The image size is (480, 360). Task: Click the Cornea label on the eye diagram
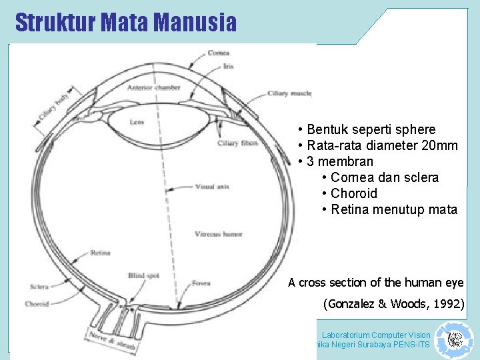219,53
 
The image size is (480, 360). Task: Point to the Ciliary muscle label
289,93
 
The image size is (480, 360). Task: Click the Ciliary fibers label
237,143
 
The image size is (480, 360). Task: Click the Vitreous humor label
218,234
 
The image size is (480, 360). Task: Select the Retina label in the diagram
101,253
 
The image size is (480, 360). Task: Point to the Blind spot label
143,275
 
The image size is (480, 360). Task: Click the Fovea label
201,283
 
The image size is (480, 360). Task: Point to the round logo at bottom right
455,339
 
